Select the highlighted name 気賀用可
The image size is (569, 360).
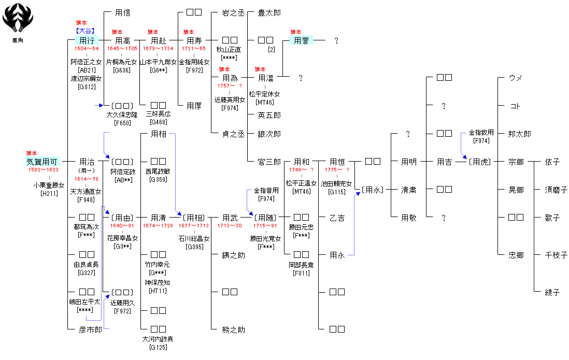[x=43, y=162]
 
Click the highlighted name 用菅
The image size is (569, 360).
[x=301, y=40]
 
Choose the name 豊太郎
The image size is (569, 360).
[x=269, y=12]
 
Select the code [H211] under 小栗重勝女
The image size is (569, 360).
[x=49, y=193]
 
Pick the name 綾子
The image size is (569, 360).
[x=552, y=292]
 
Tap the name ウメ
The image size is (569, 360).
[x=516, y=78]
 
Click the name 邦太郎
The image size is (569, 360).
[x=520, y=134]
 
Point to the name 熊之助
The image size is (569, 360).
[x=234, y=329]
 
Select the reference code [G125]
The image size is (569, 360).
[x=159, y=347]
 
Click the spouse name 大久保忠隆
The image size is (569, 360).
[x=122, y=114]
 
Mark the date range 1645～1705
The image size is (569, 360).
[x=122, y=49]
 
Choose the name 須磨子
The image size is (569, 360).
[x=556, y=190]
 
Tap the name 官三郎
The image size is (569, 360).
[x=269, y=162]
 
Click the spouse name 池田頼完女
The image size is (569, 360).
[x=337, y=183]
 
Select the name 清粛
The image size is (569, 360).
[x=408, y=190]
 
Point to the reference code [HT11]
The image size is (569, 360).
[x=158, y=291]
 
